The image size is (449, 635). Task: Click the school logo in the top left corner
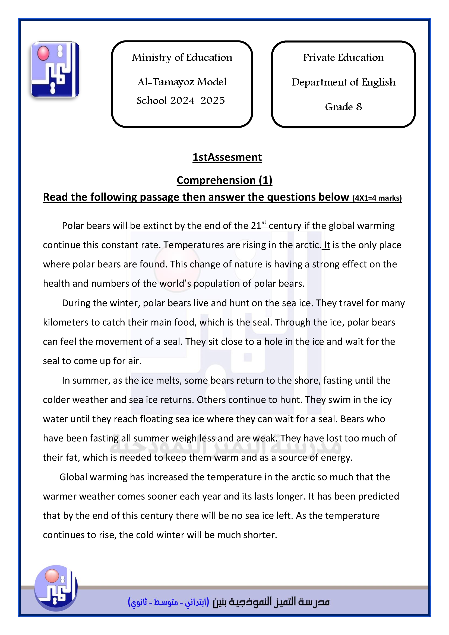pyautogui.click(x=55, y=69)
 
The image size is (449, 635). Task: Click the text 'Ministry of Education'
pyautogui.click(x=182, y=58)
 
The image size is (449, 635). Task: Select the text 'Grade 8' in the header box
pyautogui.click(x=343, y=107)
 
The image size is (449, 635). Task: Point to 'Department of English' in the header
pyautogui.click(x=343, y=82)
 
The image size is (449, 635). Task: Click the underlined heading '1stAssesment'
pyautogui.click(x=227, y=157)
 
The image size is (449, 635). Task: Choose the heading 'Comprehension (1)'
pyautogui.click(x=224, y=180)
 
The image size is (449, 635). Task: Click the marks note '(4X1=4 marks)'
pyautogui.click(x=377, y=198)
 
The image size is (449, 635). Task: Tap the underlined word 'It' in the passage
pyautogui.click(x=327, y=245)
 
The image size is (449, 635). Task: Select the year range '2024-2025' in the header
pyautogui.click(x=197, y=101)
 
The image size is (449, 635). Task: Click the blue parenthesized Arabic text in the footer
pyautogui.click(x=168, y=602)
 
